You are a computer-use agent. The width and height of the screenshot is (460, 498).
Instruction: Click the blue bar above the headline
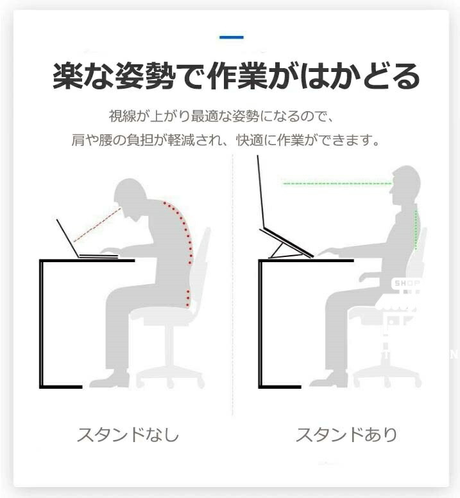coord(232,37)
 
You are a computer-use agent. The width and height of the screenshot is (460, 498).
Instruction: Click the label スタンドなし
coord(128,434)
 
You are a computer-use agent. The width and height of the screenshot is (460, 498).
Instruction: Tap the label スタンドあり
coord(346,434)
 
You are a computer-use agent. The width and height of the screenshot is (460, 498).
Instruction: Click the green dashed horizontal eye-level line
coord(337,184)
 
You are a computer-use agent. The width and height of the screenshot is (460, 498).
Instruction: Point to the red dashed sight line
coord(98,224)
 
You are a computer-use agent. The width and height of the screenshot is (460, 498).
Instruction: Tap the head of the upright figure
coord(406,186)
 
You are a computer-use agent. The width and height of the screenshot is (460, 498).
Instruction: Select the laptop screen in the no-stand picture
coord(67,238)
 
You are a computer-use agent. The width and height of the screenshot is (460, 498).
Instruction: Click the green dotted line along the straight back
coord(416,229)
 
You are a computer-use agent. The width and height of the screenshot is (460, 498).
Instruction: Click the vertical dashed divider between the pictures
coord(232,285)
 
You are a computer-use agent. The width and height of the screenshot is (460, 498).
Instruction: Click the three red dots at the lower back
coord(188,298)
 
